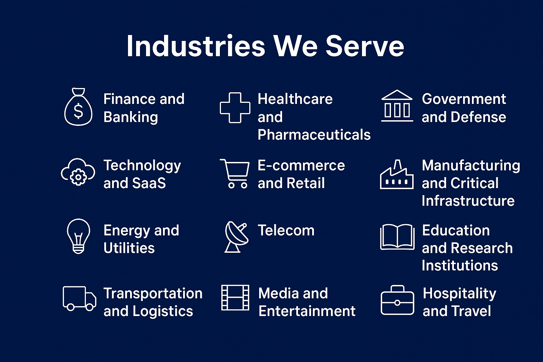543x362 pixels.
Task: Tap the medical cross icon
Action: click(235, 107)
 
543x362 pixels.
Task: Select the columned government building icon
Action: click(397, 106)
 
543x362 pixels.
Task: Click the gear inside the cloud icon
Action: click(78, 177)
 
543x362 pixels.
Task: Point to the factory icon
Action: click(397, 175)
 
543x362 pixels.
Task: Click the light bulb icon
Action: click(78, 236)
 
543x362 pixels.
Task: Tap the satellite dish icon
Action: click(236, 237)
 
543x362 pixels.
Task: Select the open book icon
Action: click(397, 237)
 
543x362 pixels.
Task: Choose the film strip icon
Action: click(235, 298)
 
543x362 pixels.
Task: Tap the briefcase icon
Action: click(397, 300)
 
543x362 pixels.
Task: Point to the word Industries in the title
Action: click(195, 46)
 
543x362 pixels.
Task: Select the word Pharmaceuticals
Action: click(314, 135)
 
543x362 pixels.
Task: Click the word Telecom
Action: click(286, 230)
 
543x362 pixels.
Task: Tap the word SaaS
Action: click(149, 183)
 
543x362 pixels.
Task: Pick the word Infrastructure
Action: click(468, 201)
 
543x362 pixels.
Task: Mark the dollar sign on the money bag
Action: click(78, 111)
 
